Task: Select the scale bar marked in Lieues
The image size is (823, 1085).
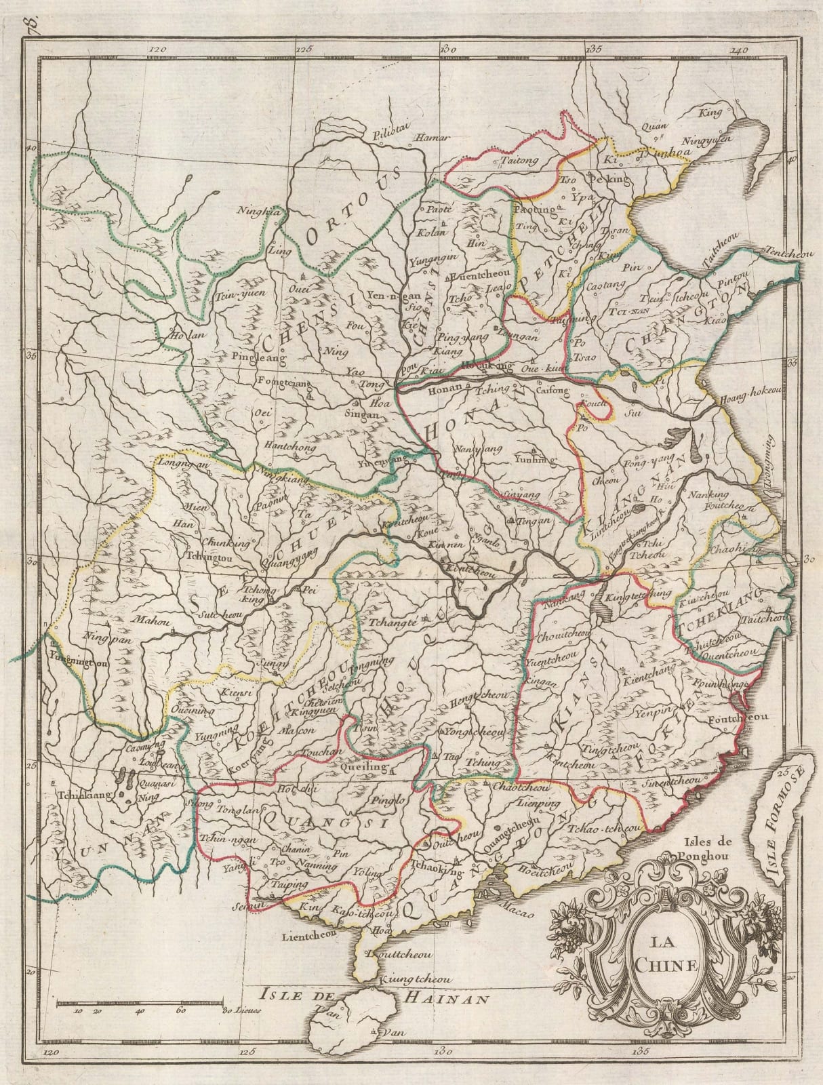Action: [140, 1002]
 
